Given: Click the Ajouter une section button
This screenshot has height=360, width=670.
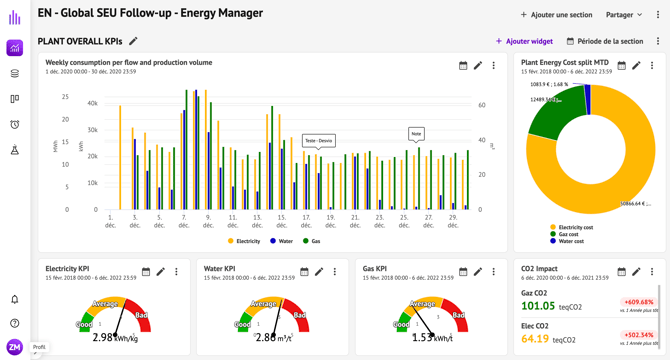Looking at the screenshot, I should [556, 15].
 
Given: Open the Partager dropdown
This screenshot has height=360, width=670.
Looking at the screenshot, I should [624, 15].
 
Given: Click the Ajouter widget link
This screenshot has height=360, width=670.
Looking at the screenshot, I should [524, 41].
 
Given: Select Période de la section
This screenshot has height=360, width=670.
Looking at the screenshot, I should [605, 41].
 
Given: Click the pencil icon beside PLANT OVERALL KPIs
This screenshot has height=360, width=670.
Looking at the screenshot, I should [133, 41].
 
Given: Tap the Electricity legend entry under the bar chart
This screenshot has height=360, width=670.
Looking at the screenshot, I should [244, 241].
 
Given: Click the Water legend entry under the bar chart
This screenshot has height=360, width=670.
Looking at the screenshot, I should [282, 241].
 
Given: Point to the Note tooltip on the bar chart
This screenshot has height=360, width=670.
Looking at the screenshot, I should [416, 133].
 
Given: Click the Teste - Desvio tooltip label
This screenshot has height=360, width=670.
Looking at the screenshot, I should [318, 141].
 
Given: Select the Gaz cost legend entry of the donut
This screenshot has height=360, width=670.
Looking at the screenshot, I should [572, 234].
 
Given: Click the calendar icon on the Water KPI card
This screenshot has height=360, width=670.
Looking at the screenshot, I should [304, 272].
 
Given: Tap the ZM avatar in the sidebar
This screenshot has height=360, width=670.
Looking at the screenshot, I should [14, 347].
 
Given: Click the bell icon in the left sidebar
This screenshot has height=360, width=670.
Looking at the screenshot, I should [15, 299].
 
